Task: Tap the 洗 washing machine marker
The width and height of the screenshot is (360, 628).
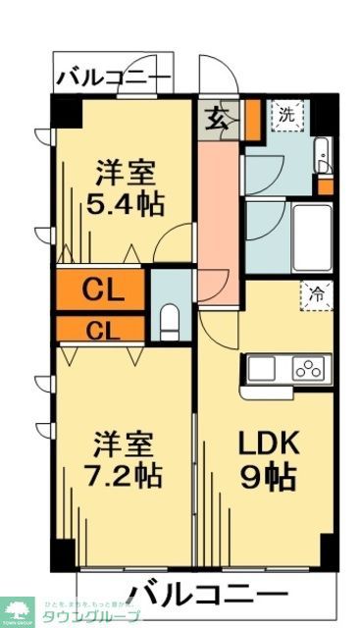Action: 287,115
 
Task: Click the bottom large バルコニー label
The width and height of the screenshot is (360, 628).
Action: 209,593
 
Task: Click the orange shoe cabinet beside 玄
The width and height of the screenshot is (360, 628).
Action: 251,117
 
